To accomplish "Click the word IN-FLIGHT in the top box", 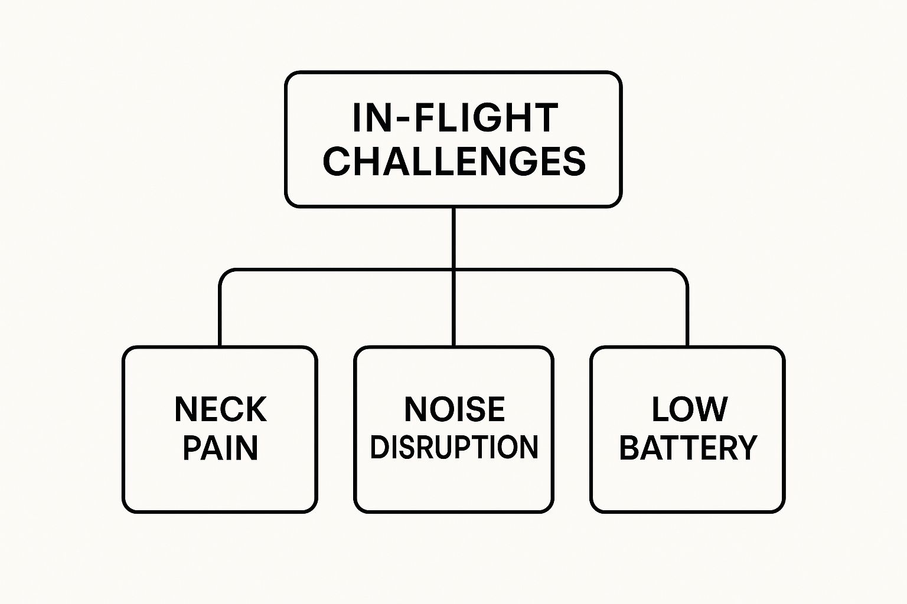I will click(x=454, y=118).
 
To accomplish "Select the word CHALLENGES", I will click(x=454, y=160).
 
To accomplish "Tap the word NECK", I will click(x=220, y=409).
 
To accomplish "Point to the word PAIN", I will click(x=220, y=448).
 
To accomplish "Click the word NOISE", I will click(x=454, y=409).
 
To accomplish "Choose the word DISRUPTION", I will click(x=454, y=447).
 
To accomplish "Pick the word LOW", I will click(x=689, y=409).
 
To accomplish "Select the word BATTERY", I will click(x=688, y=448).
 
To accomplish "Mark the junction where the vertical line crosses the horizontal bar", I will click(x=453, y=270).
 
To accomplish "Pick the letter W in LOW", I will click(x=713, y=409).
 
